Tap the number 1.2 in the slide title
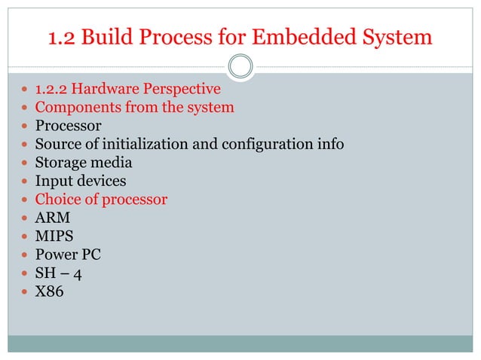click(x=62, y=36)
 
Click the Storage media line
click(x=84, y=163)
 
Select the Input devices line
click(x=81, y=182)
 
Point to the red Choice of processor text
click(x=101, y=200)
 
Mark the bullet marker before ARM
click(x=23, y=218)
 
